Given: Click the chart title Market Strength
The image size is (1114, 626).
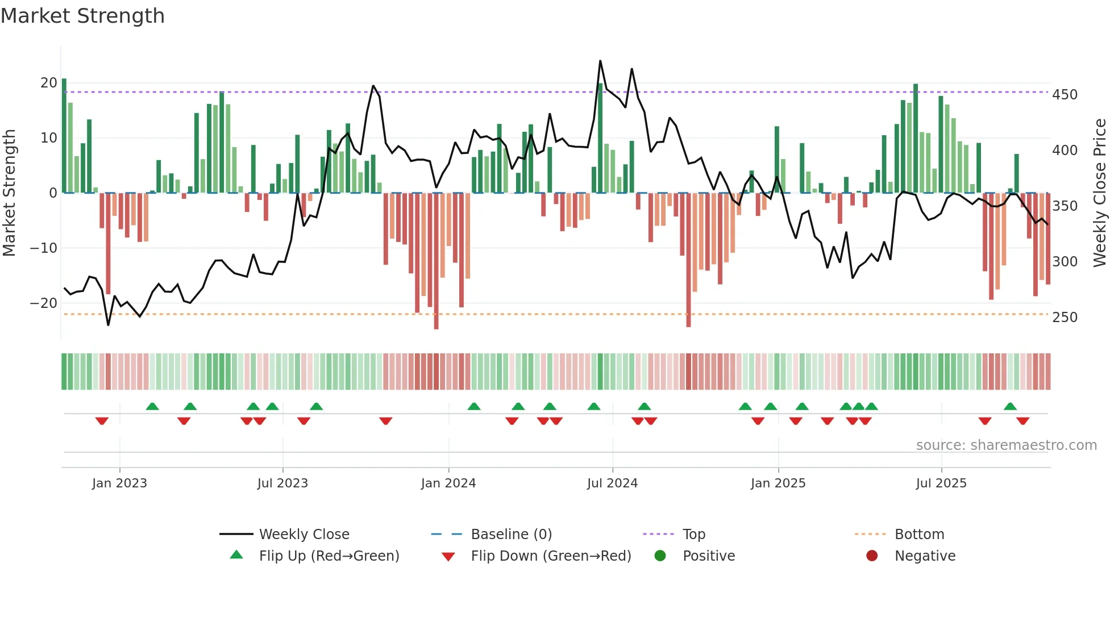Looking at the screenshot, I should click(82, 16).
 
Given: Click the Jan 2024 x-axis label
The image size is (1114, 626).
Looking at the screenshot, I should click(448, 483).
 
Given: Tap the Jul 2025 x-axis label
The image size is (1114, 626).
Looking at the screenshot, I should click(941, 483).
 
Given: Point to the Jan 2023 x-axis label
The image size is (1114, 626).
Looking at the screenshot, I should click(119, 483).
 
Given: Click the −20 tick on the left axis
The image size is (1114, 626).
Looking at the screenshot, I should click(43, 303).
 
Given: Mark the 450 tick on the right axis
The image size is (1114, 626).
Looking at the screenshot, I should click(1065, 95).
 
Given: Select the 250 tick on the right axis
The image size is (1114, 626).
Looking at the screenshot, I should click(1065, 318).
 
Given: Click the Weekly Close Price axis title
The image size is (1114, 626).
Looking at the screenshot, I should click(1100, 193).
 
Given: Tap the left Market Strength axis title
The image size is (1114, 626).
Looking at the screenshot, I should click(10, 193).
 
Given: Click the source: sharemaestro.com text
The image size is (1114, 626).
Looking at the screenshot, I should click(1006, 445).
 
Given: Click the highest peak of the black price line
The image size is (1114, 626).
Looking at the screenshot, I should click(600, 61).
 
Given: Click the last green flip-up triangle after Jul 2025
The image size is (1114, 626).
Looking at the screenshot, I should click(1010, 407).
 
